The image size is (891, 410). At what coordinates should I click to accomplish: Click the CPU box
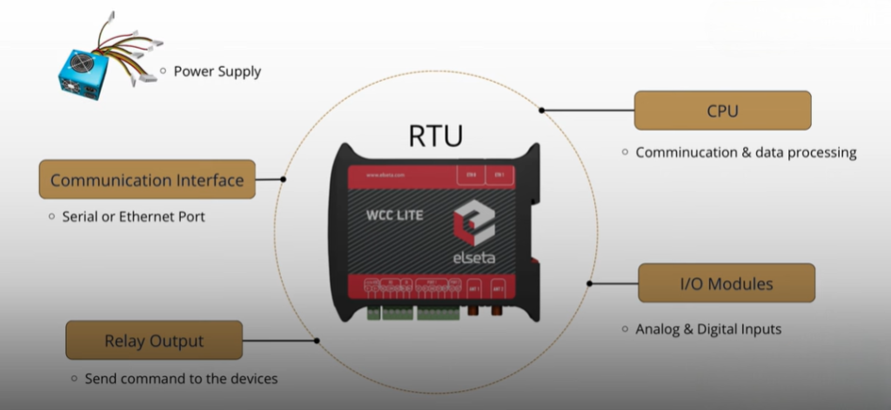click(722, 111)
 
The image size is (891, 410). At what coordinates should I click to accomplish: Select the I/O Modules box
click(727, 283)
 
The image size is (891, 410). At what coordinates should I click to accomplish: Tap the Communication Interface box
click(147, 179)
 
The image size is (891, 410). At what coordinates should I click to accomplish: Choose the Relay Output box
click(153, 340)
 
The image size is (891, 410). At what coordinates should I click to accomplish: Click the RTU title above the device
click(436, 136)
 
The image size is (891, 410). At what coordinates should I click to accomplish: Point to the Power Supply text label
click(218, 71)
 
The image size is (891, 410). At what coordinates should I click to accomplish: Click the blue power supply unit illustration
click(84, 70)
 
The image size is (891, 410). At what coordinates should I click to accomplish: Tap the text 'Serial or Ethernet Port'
click(134, 216)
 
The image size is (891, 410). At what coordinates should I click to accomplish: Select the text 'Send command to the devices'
click(181, 379)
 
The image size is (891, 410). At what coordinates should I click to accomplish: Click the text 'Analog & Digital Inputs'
click(708, 329)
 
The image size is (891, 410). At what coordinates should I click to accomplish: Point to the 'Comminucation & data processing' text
click(746, 152)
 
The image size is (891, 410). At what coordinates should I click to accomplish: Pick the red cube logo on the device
click(475, 222)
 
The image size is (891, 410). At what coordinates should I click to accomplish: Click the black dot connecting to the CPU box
click(541, 111)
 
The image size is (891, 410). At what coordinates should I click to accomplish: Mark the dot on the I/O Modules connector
click(590, 283)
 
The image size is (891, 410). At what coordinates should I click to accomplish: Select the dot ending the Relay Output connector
click(317, 340)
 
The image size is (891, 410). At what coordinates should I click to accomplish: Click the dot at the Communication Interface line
click(284, 179)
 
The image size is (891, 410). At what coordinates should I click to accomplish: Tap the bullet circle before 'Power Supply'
click(163, 71)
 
